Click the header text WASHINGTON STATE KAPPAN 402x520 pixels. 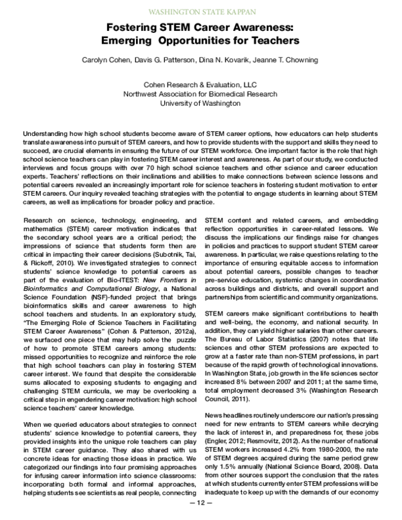click(200, 11)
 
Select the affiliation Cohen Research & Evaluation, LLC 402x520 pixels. click(200, 84)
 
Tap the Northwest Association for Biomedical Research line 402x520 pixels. click(200, 94)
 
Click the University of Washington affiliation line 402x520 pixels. click(200, 105)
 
